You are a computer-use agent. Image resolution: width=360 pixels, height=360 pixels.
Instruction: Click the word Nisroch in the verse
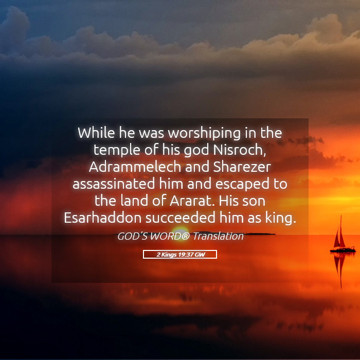pos(240,150)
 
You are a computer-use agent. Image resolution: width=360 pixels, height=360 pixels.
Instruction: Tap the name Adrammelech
pos(135,167)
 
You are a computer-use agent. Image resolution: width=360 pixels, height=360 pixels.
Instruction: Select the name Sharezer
pos(242,167)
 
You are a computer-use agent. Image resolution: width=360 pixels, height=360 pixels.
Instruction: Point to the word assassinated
pos(114,184)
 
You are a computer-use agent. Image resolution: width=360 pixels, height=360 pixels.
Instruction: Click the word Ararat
pos(193,201)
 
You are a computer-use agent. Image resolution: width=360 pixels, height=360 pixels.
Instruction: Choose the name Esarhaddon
pos(102,218)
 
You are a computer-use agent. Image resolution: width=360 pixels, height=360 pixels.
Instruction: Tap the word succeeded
pos(181,218)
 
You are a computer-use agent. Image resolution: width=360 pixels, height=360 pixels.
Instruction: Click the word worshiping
pos(204,134)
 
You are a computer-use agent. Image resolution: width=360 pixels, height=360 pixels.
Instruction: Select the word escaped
pos(242,185)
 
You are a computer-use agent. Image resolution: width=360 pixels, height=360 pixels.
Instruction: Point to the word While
pos(96,133)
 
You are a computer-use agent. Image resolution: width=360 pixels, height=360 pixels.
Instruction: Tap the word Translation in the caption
pos(218,236)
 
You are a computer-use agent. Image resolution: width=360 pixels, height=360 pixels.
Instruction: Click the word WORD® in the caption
pos(170,236)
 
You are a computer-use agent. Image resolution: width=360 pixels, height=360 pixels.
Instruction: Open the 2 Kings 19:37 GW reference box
pos(180,255)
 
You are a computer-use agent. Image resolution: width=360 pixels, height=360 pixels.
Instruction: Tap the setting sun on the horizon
pos(180,231)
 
